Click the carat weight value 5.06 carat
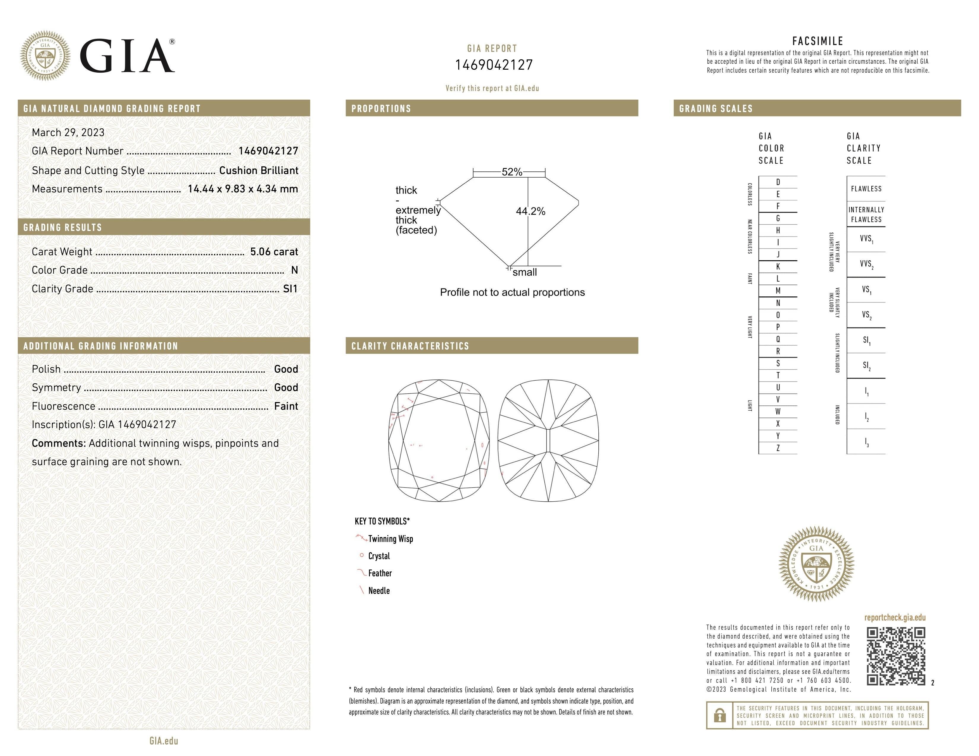(x=274, y=252)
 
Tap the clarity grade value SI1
(x=290, y=289)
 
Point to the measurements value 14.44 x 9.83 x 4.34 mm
(x=242, y=189)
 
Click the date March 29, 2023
(x=68, y=133)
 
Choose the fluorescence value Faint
(x=286, y=406)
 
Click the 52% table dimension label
(x=512, y=172)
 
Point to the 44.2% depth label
(x=530, y=211)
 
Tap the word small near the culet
(x=525, y=272)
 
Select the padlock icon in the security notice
(x=719, y=716)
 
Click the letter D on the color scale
(x=778, y=182)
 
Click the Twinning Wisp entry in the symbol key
(x=390, y=539)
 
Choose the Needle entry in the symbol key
(x=379, y=591)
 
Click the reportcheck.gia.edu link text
(x=895, y=618)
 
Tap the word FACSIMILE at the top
(x=818, y=41)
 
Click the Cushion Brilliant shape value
(x=259, y=171)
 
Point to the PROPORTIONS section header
(x=381, y=109)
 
